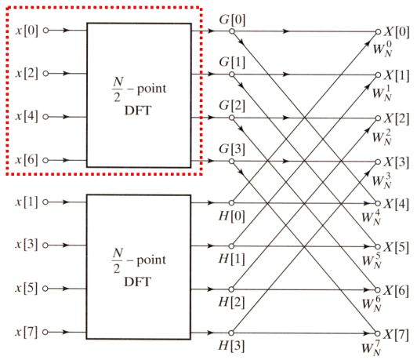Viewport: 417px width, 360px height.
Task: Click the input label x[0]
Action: tap(27, 31)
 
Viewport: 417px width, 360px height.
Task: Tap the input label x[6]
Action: tap(27, 160)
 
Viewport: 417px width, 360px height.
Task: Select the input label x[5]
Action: tap(26, 289)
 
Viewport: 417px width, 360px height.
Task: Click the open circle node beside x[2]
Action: tap(45, 73)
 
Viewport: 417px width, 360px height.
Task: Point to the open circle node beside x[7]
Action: tap(45, 332)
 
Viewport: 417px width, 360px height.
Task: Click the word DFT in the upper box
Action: tap(138, 111)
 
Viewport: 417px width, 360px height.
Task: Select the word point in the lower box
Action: tap(151, 260)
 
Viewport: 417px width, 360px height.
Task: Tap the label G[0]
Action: tap(232, 20)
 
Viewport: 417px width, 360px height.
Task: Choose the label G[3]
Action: tap(232, 149)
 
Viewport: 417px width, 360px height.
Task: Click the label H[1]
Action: tap(232, 259)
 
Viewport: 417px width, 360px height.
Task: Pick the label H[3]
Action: tap(231, 346)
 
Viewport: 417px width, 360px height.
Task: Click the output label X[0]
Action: tap(397, 32)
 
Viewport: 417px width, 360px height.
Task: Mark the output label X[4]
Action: tap(396, 205)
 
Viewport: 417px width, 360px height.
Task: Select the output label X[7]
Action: tap(396, 335)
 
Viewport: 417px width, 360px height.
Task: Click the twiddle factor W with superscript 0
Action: tap(383, 48)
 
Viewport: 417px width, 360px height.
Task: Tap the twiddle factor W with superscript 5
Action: tap(372, 260)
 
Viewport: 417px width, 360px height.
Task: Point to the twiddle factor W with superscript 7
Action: tap(372, 347)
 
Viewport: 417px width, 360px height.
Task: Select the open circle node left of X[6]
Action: tap(378, 290)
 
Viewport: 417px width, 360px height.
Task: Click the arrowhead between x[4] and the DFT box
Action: tap(66, 117)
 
